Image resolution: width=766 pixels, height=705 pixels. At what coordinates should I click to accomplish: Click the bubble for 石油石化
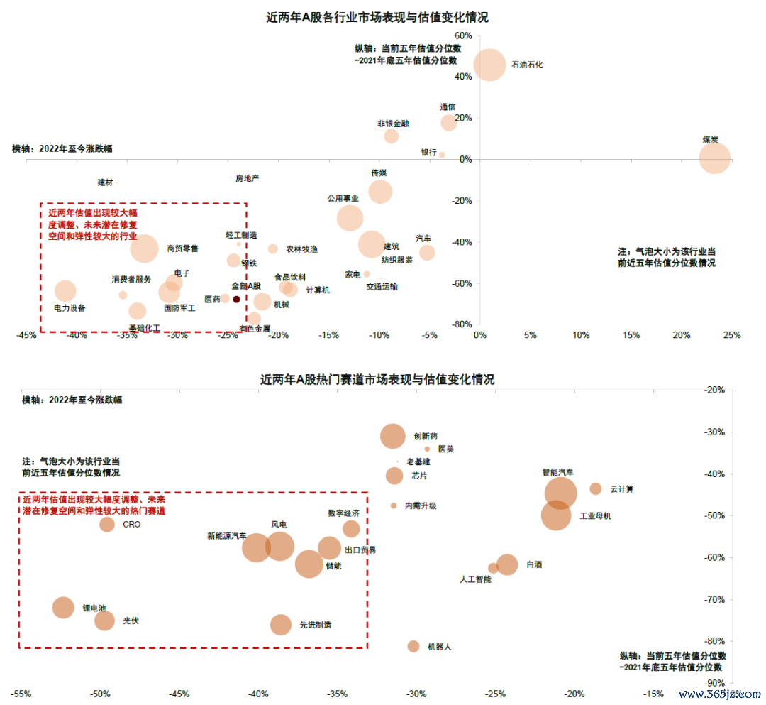(x=489, y=65)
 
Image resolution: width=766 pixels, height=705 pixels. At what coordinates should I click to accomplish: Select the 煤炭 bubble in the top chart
(x=714, y=158)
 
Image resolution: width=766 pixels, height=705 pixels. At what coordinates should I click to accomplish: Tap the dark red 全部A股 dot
(x=236, y=300)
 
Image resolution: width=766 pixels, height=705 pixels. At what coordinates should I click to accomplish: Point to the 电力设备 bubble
(x=65, y=290)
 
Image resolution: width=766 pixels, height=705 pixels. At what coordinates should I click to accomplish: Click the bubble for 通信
(x=448, y=122)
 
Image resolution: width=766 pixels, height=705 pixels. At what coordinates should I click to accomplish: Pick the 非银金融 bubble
(x=392, y=136)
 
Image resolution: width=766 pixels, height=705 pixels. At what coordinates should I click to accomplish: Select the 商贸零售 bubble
(x=145, y=248)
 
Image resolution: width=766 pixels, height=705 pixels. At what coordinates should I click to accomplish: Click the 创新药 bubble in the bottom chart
(x=393, y=436)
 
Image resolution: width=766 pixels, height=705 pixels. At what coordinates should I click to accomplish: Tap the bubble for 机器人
(x=413, y=646)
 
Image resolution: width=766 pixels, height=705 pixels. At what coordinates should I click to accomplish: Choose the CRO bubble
(x=107, y=525)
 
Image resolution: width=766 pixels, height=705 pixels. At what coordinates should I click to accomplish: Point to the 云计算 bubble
(x=596, y=488)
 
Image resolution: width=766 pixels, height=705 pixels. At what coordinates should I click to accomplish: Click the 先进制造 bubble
(x=281, y=625)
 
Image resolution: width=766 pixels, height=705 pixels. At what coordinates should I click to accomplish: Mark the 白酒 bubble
(x=507, y=564)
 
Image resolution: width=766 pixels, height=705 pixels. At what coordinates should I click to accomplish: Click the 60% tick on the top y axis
(x=463, y=35)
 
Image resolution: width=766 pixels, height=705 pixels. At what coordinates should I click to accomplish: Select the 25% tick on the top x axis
(x=732, y=335)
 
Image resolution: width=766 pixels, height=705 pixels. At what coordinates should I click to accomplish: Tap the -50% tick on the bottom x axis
(x=100, y=694)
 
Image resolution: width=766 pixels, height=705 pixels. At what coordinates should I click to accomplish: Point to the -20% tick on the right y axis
(x=714, y=390)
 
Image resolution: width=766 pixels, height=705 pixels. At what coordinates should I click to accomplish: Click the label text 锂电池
(x=94, y=608)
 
